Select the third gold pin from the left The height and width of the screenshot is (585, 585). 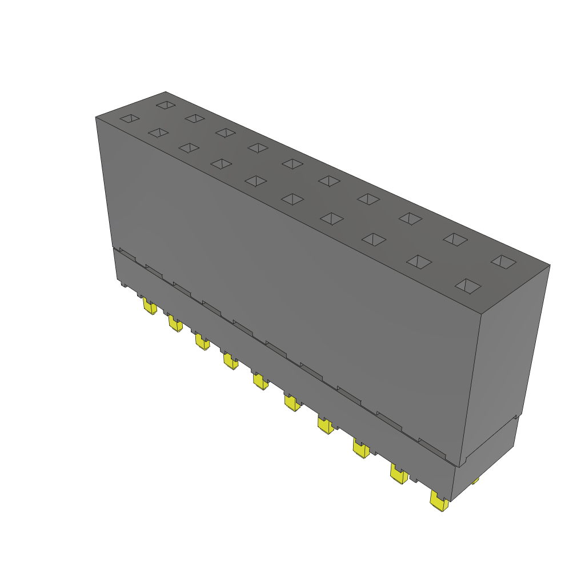tap(202, 342)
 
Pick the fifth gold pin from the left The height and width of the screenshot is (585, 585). tap(260, 381)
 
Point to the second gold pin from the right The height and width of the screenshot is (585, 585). tap(398, 474)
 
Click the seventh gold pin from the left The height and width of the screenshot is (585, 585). tap(325, 425)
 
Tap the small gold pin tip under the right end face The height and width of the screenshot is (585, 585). tap(475, 481)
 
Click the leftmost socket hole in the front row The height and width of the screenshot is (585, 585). tap(129, 118)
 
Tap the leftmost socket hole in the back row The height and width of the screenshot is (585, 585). tap(166, 105)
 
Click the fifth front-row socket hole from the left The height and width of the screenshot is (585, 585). tap(255, 181)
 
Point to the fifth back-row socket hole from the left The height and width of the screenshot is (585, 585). tap(292, 163)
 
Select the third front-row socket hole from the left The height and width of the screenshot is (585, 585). tap(188, 147)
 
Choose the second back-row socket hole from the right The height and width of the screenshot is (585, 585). tap(456, 239)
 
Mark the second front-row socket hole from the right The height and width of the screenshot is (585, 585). tap(419, 262)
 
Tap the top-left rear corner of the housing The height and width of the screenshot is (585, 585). tap(166, 92)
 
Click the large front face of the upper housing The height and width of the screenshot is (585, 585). tap(286, 274)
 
